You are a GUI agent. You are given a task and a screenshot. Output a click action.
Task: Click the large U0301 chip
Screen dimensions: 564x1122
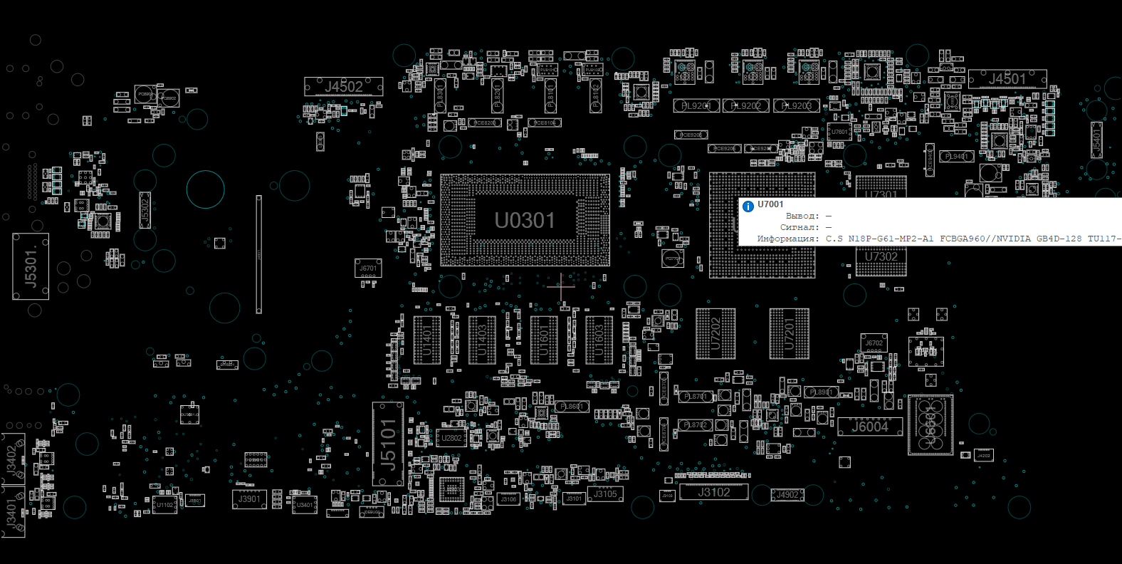525,221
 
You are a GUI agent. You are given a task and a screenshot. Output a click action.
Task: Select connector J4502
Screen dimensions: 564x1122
344,87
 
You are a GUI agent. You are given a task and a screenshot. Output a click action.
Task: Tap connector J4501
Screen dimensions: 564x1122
1007,78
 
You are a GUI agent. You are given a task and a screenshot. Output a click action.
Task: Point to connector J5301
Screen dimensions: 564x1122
31,266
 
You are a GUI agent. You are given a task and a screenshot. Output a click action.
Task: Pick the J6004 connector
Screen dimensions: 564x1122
870,427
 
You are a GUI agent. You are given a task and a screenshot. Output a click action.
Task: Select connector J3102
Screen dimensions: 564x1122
713,492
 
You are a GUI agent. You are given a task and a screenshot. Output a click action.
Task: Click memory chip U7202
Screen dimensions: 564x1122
715,334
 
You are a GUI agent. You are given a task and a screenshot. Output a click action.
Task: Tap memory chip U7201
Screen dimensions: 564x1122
789,334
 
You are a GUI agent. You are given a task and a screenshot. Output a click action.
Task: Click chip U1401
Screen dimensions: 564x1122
427,340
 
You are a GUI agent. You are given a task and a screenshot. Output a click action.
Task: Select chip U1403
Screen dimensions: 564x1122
482,340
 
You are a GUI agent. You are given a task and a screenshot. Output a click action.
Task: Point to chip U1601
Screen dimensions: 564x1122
544,340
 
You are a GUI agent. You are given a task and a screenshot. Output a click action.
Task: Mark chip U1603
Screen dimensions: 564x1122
599,340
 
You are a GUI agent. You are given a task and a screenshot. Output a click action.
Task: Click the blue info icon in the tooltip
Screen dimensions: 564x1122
748,207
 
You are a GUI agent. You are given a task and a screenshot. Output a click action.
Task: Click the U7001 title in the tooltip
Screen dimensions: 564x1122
770,204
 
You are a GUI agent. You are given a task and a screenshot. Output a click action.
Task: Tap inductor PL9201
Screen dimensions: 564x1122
696,106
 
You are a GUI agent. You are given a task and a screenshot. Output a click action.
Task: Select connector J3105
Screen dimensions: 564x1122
606,494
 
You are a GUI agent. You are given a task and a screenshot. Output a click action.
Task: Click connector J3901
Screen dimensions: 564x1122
249,499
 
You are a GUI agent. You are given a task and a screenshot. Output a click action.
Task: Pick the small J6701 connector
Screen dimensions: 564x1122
368,268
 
